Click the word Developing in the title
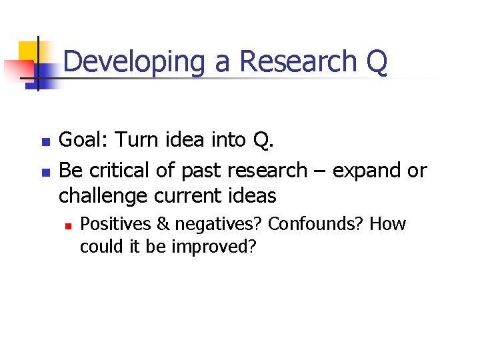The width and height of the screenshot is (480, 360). (x=135, y=62)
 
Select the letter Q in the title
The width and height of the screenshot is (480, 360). (x=376, y=62)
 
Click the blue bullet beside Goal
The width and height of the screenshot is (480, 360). (x=45, y=142)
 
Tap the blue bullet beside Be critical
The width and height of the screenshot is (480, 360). (x=45, y=171)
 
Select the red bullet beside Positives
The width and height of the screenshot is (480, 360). (x=67, y=225)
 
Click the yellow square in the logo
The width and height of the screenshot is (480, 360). (x=28, y=51)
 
